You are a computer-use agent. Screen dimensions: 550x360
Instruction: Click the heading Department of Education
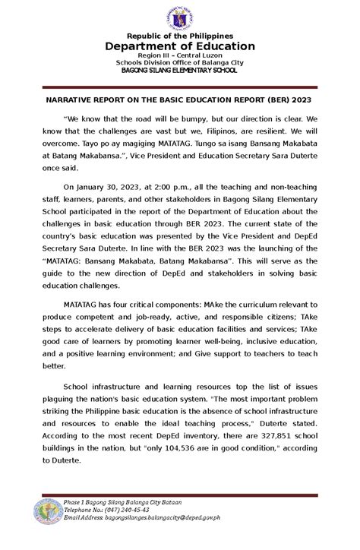coord(180,46)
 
